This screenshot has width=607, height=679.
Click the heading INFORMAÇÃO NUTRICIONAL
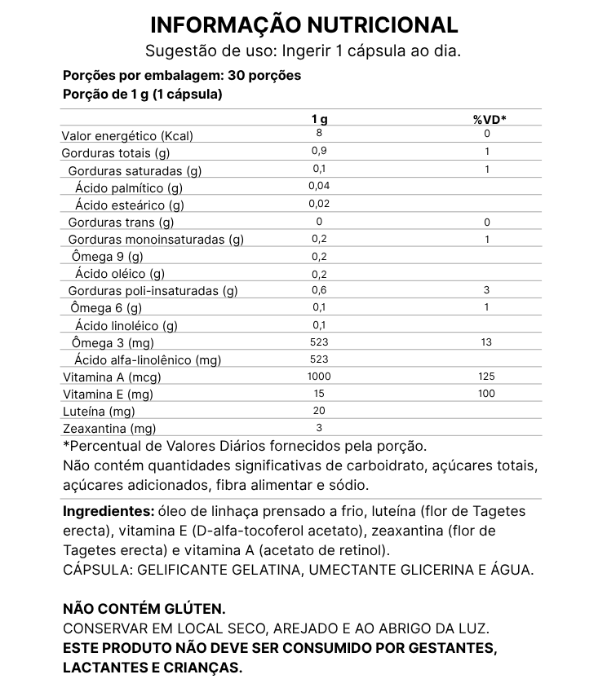(x=303, y=24)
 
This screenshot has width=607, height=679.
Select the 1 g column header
(x=319, y=120)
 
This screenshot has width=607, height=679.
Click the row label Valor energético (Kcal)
(x=128, y=136)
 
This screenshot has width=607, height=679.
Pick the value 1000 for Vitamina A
(x=319, y=376)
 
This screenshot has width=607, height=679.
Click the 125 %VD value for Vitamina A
(x=487, y=376)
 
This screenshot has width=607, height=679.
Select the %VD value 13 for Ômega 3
(x=487, y=342)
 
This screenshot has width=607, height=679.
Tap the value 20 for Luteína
(x=319, y=410)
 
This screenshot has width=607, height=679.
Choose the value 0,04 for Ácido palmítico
(x=319, y=186)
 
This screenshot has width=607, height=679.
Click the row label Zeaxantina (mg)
(x=109, y=428)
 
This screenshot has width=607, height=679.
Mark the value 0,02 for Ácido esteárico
(x=319, y=204)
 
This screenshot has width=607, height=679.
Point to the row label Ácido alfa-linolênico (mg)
(x=148, y=359)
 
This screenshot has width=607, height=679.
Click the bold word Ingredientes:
(x=109, y=511)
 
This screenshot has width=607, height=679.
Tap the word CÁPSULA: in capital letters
(x=98, y=570)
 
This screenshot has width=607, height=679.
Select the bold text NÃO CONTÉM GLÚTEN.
(x=144, y=609)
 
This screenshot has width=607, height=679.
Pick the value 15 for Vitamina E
(x=319, y=393)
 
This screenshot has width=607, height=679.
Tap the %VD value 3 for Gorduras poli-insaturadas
(x=487, y=290)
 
